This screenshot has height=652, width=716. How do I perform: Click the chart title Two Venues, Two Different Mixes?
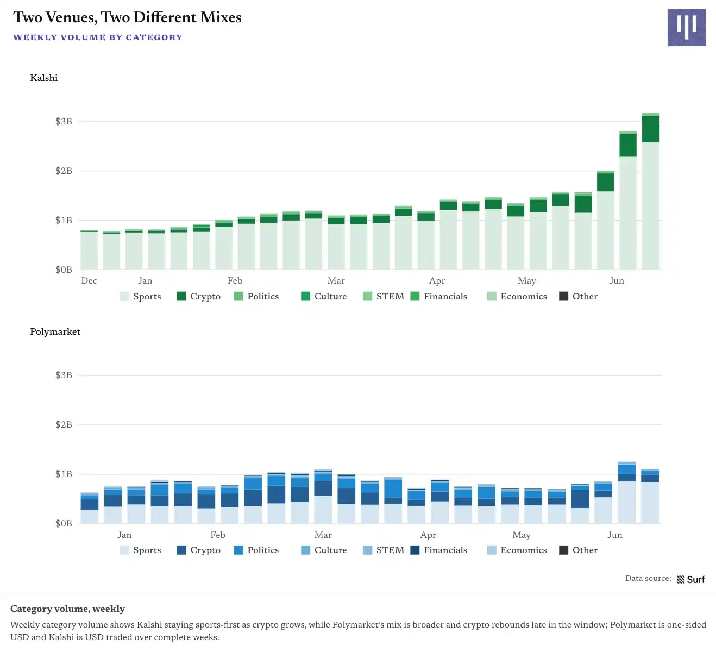pyautogui.click(x=127, y=17)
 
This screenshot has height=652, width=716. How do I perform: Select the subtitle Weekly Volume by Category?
pyautogui.click(x=98, y=37)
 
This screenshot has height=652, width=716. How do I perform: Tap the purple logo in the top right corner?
pyautogui.click(x=686, y=28)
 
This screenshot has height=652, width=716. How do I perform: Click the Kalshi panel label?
pyautogui.click(x=43, y=78)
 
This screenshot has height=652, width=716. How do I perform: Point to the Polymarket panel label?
pyautogui.click(x=55, y=332)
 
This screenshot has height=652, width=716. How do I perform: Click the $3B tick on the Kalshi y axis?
pyautogui.click(x=64, y=121)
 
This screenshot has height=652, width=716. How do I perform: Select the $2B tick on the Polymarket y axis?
pyautogui.click(x=64, y=424)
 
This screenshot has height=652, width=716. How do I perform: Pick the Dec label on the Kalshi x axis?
pyautogui.click(x=89, y=281)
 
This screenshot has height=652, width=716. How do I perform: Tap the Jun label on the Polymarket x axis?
pyautogui.click(x=614, y=535)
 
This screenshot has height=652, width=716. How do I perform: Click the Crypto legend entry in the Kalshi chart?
pyautogui.click(x=199, y=296)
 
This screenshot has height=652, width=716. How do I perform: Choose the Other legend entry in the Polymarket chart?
pyautogui.click(x=578, y=550)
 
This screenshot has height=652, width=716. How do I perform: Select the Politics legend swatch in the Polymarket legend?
pyautogui.click(x=238, y=550)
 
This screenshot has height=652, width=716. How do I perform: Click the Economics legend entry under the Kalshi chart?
pyautogui.click(x=517, y=296)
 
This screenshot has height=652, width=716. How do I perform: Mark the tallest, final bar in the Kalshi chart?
pyautogui.click(x=650, y=191)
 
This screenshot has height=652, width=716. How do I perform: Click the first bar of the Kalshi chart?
pyautogui.click(x=89, y=250)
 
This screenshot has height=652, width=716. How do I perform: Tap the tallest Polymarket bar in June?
pyautogui.click(x=627, y=493)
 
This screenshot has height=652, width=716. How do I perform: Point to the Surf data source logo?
pyautogui.click(x=690, y=579)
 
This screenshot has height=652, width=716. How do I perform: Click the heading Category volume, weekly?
pyautogui.click(x=67, y=609)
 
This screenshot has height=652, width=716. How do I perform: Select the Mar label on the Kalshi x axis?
pyautogui.click(x=336, y=281)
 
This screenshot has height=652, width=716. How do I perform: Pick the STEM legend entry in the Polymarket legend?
pyautogui.click(x=384, y=550)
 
